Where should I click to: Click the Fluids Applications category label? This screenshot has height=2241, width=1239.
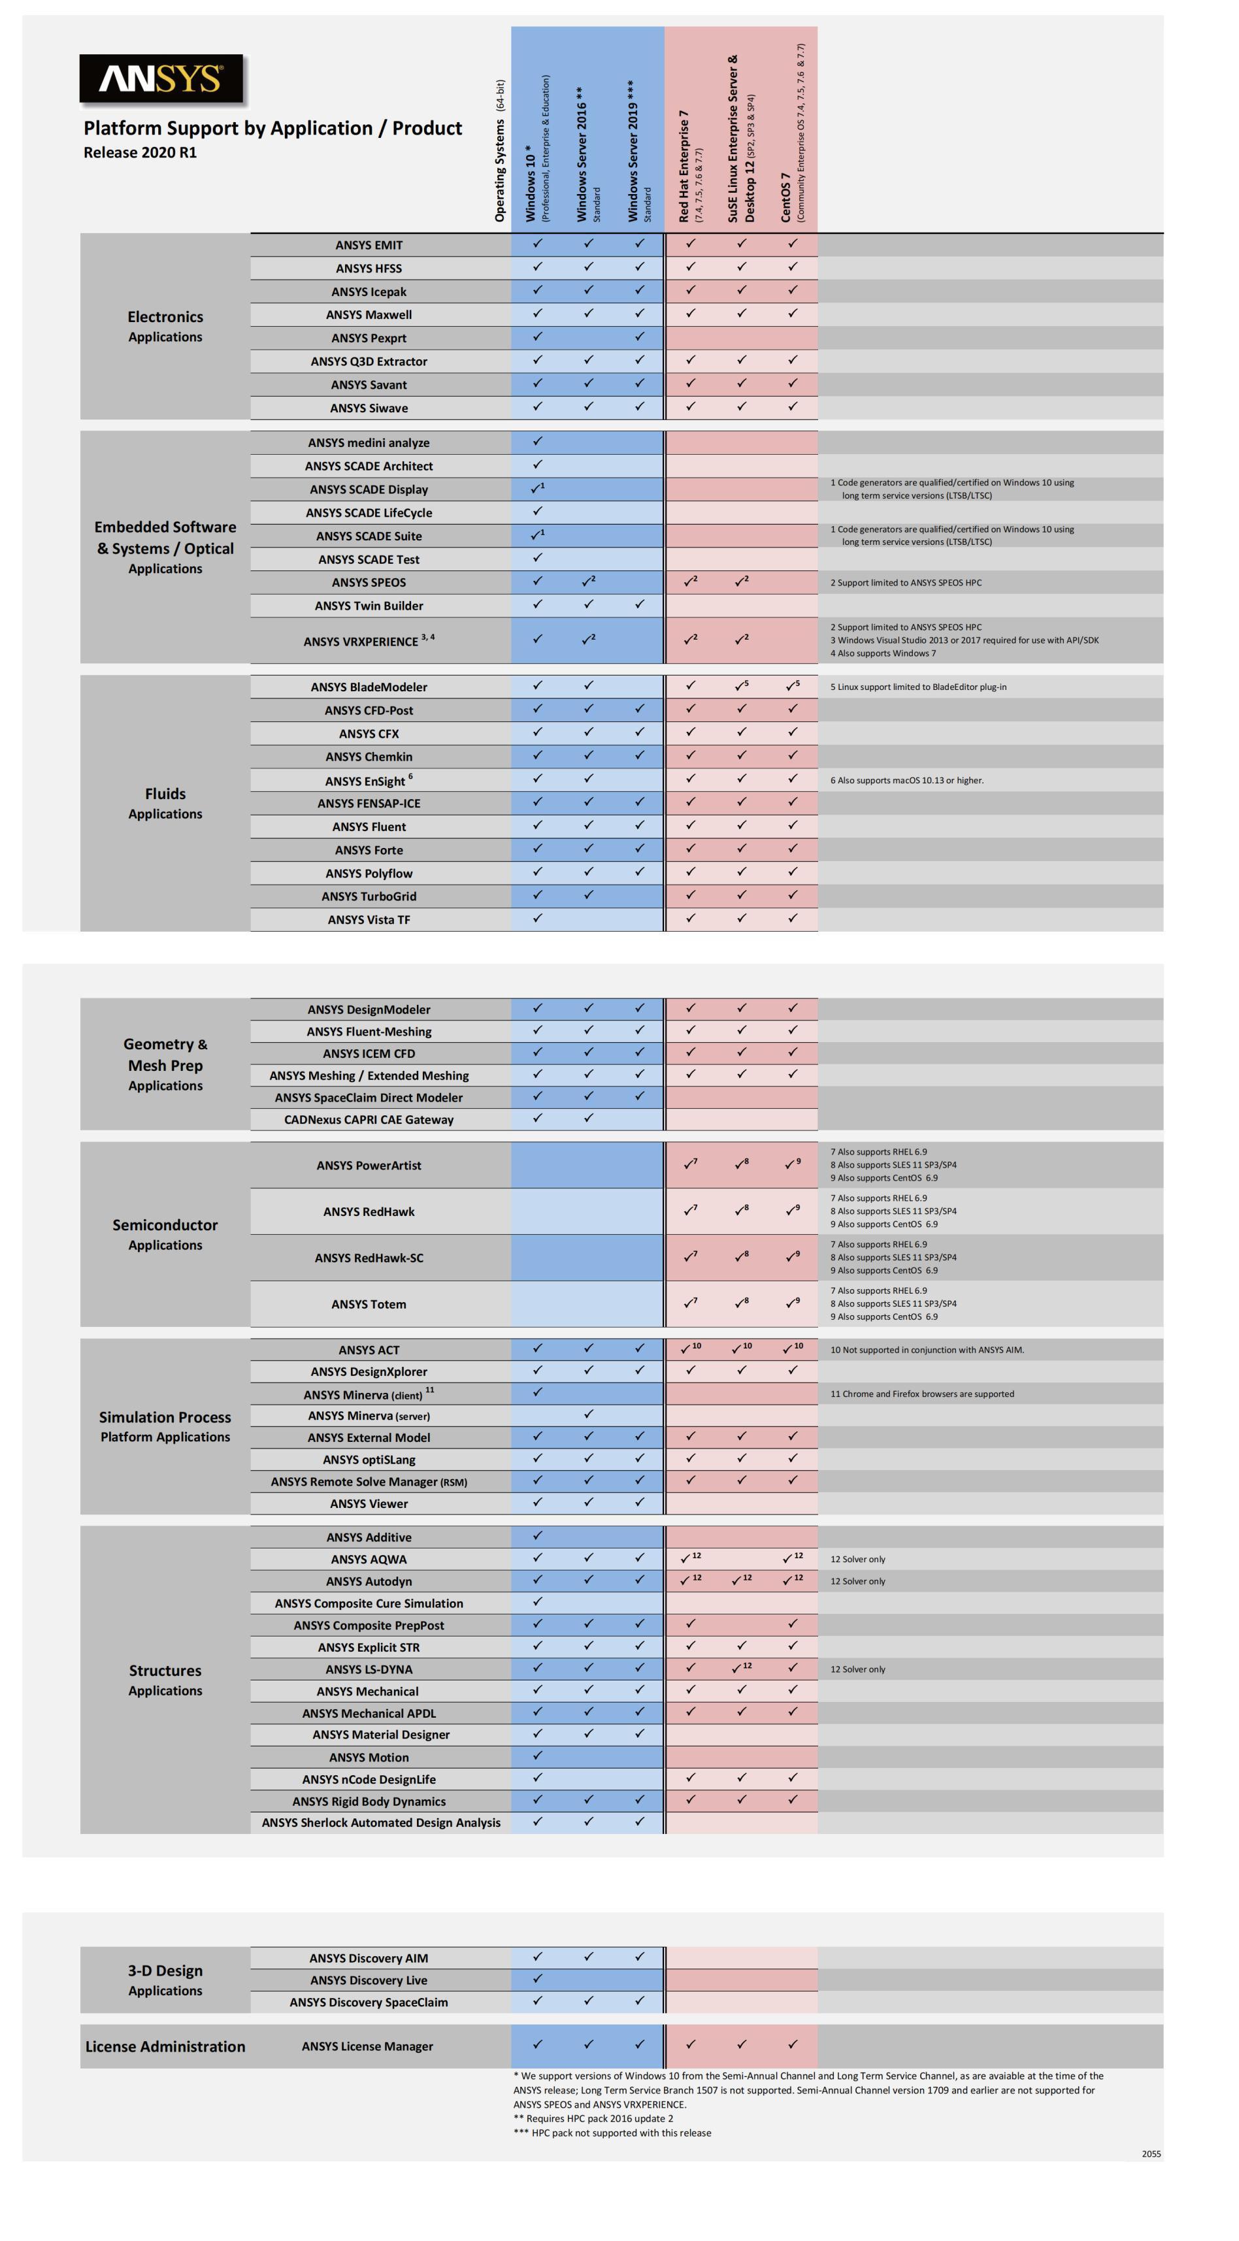point(165,803)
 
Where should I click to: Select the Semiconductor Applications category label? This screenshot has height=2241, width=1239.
point(165,1234)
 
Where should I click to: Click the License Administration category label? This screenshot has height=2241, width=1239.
point(165,2046)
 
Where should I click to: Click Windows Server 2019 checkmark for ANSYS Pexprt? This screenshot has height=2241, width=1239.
point(640,336)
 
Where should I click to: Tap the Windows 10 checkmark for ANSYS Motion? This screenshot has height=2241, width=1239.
point(538,1756)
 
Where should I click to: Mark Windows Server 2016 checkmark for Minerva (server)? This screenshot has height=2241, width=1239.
point(588,1415)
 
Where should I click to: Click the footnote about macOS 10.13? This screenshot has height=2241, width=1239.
point(906,780)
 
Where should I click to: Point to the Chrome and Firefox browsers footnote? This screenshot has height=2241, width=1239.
point(921,1394)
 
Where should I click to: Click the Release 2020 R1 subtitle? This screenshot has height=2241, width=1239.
point(140,153)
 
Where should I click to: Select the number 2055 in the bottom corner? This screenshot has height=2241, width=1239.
point(1150,2154)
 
